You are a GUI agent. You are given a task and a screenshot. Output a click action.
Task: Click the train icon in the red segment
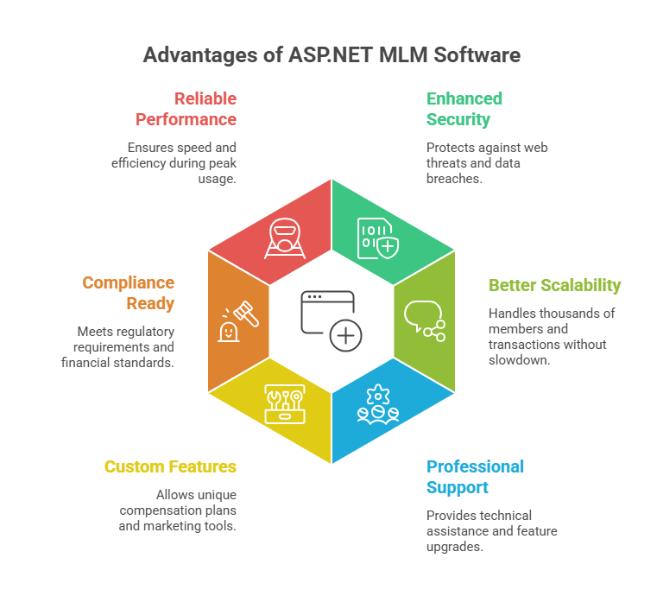tap(284, 238)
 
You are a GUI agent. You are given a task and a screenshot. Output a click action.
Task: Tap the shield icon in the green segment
tap(380, 238)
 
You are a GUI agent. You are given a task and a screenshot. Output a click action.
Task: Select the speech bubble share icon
tap(424, 320)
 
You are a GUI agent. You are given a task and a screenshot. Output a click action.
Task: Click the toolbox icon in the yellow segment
tap(284, 403)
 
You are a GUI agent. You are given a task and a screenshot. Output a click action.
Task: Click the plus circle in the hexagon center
tap(345, 335)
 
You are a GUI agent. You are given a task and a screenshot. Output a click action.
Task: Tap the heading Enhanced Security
tap(464, 109)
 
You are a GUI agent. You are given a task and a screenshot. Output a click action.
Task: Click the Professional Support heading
tap(475, 477)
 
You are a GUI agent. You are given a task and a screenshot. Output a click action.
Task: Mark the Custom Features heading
tap(170, 466)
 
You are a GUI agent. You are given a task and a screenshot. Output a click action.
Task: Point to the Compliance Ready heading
tap(128, 293)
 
